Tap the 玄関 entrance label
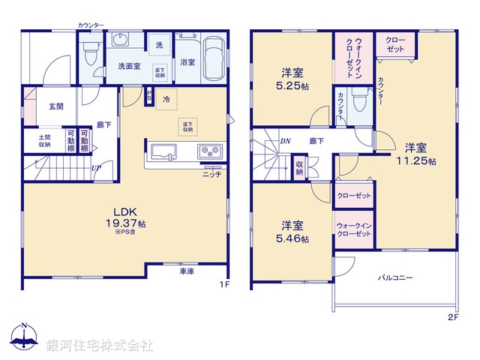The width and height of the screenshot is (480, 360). [x=56, y=107]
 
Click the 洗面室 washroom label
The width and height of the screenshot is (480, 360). [x=127, y=66]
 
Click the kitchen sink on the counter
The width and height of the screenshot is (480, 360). [x=164, y=151]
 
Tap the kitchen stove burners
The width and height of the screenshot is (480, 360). [x=208, y=151]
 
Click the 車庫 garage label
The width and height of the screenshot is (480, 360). [x=187, y=271]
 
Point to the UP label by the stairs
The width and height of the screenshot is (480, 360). [x=97, y=168]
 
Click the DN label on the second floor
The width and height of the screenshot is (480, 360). [x=286, y=140]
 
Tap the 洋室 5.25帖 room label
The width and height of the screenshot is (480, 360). [x=292, y=79]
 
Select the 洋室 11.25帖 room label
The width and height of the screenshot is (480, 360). [x=416, y=154]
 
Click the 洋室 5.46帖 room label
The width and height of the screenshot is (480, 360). [x=293, y=231]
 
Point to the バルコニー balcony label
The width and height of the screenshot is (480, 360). [x=395, y=278]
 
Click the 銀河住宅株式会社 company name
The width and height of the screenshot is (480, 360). [x=99, y=345]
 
